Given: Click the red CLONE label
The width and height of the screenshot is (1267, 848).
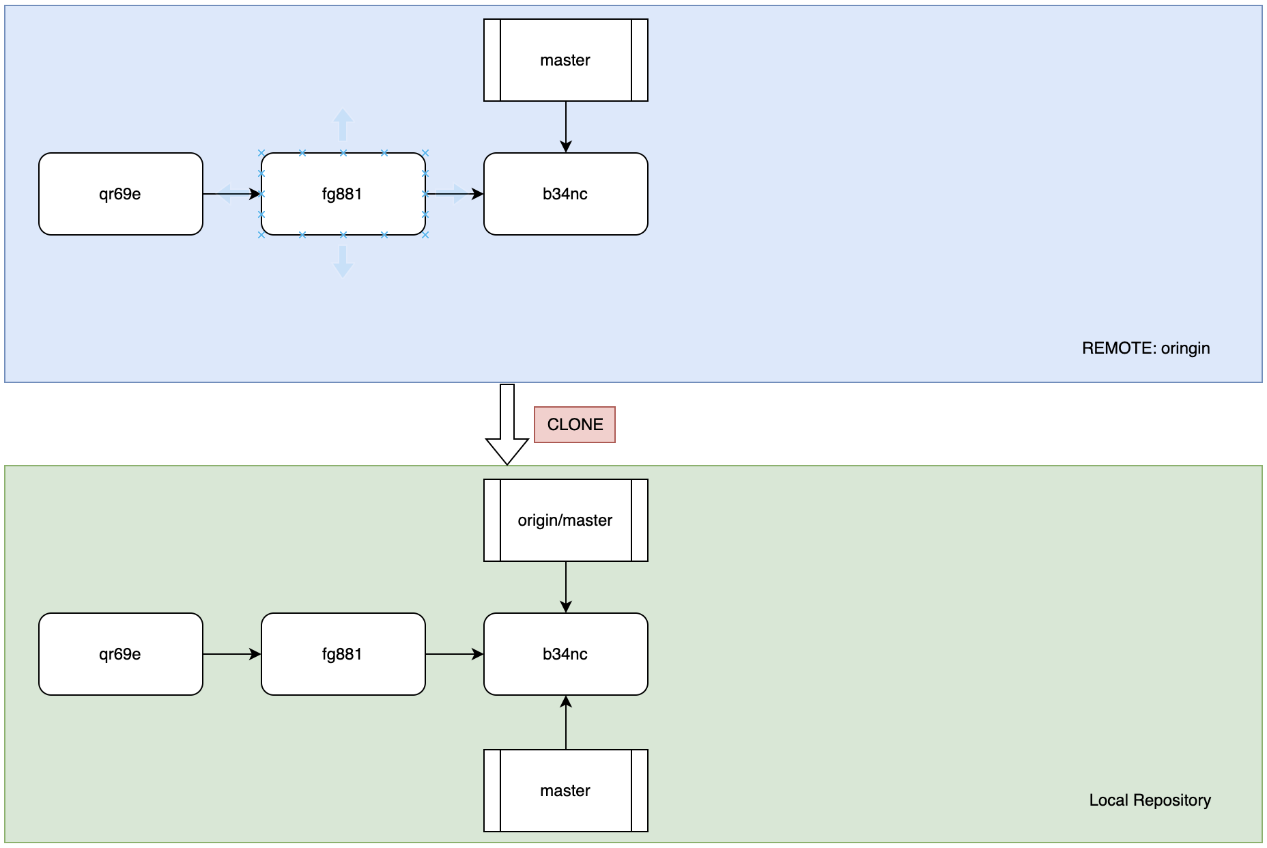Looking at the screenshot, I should coord(574,425).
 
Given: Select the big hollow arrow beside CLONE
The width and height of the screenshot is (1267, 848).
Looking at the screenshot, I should coord(507,426).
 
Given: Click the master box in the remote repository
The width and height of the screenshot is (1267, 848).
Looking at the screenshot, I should coord(565,60).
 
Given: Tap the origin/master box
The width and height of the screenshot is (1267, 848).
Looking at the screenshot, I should coord(565,520).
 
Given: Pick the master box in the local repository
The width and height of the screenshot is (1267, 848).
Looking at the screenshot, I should coord(565,791).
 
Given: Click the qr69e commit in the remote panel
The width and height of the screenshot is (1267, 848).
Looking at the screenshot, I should coord(120,194).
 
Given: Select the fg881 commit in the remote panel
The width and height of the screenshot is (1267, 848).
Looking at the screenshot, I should coord(343,194).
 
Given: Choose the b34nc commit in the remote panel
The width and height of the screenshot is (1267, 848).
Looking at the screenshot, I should coord(565,194).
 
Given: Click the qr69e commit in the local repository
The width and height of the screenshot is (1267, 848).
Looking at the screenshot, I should coord(120,654).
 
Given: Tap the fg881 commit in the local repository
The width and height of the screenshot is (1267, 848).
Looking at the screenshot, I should coord(343,654).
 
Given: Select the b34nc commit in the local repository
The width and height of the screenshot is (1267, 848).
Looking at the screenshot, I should coord(565,654).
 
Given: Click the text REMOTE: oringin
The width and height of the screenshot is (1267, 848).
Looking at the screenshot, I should coord(1145,348).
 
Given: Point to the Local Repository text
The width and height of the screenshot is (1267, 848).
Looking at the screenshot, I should coord(1150,800).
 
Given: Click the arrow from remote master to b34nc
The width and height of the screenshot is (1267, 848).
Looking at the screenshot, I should coord(566,126).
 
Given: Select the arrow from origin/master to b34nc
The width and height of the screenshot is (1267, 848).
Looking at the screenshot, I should coord(566,586).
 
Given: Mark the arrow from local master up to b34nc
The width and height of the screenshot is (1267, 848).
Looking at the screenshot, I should coord(566,723).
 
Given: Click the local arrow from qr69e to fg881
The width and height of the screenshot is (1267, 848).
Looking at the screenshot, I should coord(231,654).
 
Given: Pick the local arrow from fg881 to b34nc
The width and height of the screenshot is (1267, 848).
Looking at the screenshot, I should coord(454,654).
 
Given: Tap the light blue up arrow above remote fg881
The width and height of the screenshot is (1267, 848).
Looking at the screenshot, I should coord(343,124).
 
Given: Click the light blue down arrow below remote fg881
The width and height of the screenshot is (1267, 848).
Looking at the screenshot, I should coord(343,262).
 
